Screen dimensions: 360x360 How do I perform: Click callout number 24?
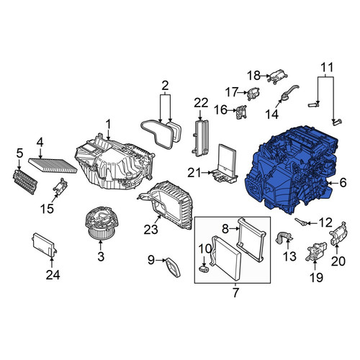tap(53, 274)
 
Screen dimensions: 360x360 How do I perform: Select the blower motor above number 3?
tap(101, 223)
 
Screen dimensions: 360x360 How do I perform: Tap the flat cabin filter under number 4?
tap(53, 166)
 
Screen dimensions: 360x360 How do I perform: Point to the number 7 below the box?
tap(235, 292)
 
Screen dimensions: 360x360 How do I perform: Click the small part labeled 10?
tap(204, 269)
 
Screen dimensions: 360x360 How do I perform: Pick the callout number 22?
tap(201, 103)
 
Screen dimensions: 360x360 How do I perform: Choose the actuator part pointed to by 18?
tap(278, 76)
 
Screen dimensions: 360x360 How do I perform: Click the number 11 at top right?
tap(327, 67)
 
